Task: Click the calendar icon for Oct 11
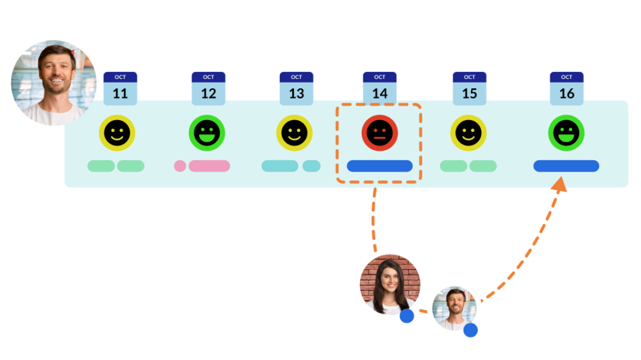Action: (120, 88)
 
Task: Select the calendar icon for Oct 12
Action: (208, 88)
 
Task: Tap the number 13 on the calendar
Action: (296, 93)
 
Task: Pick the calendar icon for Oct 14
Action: (379, 88)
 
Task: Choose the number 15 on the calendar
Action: (469, 93)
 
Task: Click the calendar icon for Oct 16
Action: (567, 88)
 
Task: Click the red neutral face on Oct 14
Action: (379, 133)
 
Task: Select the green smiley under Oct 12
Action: (207, 133)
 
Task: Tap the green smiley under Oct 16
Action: (566, 133)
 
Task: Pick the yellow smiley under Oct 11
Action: (117, 133)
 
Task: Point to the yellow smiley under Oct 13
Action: (295, 133)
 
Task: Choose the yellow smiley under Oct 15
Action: (468, 133)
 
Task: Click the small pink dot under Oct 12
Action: (180, 166)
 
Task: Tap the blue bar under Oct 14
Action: (379, 166)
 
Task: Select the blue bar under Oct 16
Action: (566, 166)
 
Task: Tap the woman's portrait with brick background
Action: (389, 284)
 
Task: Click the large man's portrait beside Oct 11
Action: (54, 82)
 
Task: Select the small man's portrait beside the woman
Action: (454, 307)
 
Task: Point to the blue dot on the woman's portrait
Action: (407, 316)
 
